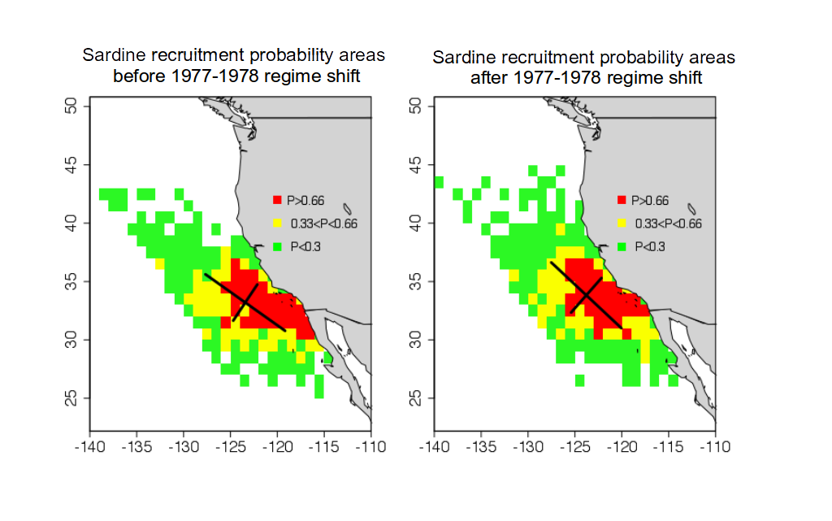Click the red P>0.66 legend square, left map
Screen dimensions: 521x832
coord(278,200)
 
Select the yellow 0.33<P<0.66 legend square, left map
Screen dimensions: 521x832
coord(278,223)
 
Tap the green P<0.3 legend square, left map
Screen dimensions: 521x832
coord(278,245)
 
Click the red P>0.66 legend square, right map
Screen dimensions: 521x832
coord(622,200)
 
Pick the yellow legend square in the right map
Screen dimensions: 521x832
coord(622,223)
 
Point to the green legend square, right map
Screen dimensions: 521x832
coord(622,245)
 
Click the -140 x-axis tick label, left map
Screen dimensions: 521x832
coord(89,447)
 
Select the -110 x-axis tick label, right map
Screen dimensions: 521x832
coord(715,447)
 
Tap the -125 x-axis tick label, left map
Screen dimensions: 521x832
coord(231,447)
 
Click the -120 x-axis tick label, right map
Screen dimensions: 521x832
coord(622,447)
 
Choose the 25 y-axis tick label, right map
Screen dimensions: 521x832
coord(417,397)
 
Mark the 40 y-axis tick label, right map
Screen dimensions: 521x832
coord(417,223)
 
